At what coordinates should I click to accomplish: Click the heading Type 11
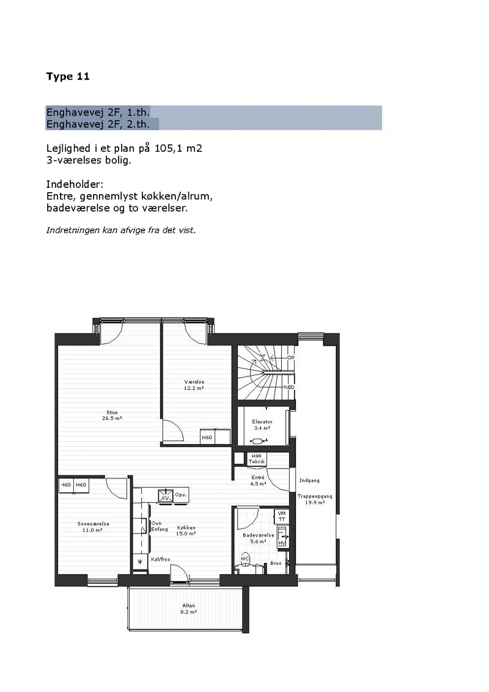(68, 76)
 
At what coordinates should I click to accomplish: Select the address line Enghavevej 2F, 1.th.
(98, 112)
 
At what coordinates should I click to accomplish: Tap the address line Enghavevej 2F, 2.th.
(98, 124)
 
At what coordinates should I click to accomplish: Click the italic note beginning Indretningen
(121, 230)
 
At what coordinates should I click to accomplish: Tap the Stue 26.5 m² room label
(112, 415)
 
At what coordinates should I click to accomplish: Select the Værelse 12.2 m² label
(194, 385)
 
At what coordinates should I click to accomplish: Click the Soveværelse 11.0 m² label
(93, 527)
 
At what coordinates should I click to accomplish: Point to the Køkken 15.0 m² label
(186, 530)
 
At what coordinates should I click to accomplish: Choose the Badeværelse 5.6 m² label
(259, 538)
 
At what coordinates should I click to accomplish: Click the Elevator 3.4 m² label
(262, 425)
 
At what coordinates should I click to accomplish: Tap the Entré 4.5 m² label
(258, 480)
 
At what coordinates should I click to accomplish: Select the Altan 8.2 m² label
(188, 609)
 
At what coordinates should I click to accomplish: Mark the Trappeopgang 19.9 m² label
(314, 499)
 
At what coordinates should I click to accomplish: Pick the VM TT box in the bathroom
(282, 516)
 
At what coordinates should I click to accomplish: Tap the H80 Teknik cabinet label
(257, 459)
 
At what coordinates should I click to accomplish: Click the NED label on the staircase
(289, 387)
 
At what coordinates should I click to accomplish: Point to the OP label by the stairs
(290, 357)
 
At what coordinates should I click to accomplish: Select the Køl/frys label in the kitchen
(161, 559)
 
